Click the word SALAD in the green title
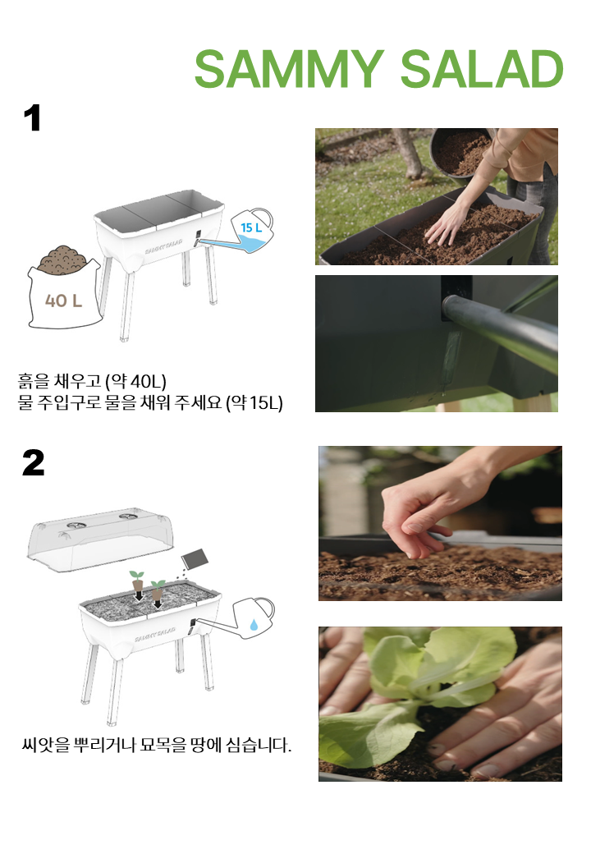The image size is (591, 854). (482, 69)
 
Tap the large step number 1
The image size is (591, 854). (33, 118)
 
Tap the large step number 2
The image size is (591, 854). (33, 463)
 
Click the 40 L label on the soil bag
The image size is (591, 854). (63, 301)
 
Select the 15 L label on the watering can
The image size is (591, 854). (251, 227)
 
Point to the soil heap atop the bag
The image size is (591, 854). (62, 258)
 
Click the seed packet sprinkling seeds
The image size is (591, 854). (194, 558)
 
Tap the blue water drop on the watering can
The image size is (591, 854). (254, 624)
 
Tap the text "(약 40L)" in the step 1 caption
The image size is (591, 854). (135, 381)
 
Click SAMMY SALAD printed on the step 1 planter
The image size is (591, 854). (163, 246)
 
